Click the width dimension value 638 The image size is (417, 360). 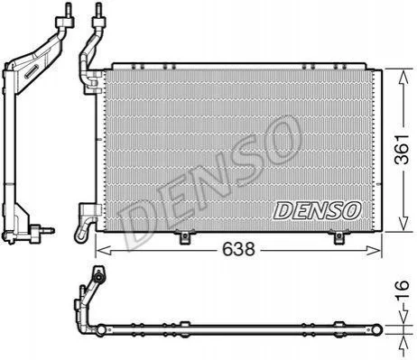click(238, 249)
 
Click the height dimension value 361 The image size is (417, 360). click(403, 150)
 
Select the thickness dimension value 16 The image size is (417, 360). click(402, 291)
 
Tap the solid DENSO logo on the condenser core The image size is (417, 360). click(317, 210)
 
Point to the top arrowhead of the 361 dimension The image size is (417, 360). click(403, 78)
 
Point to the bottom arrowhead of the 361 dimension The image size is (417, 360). click(403, 223)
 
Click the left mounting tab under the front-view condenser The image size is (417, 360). click(184, 236)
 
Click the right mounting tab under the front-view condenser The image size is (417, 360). click(339, 236)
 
